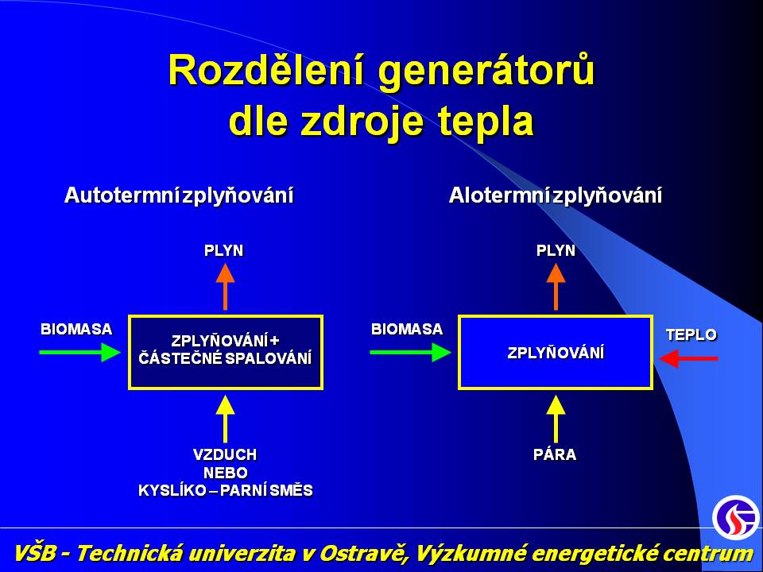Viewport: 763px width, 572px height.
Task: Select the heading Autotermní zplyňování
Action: [x=179, y=195]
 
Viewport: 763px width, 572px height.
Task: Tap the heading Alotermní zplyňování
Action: [x=556, y=195]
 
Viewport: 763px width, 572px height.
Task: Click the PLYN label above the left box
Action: [x=224, y=250]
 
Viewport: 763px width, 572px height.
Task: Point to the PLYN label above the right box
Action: [x=556, y=250]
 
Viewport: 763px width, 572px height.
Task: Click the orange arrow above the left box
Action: [x=225, y=287]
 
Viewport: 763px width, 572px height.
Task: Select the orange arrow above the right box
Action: [x=556, y=287]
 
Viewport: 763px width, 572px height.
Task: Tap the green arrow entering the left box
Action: [x=79, y=352]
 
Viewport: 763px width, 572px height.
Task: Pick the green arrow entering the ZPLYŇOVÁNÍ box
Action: [x=411, y=352]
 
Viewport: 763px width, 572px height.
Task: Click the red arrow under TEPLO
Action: [x=688, y=359]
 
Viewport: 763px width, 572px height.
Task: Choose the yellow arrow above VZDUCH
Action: [x=225, y=419]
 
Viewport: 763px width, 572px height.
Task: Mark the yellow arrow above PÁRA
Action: [x=556, y=419]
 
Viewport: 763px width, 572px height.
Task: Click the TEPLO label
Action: [x=691, y=334]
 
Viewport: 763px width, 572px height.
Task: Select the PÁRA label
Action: [x=555, y=454]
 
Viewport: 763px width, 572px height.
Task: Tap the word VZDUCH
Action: [x=225, y=454]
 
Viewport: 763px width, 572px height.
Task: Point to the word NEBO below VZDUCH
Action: [x=225, y=473]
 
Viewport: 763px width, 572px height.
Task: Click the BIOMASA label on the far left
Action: [x=76, y=329]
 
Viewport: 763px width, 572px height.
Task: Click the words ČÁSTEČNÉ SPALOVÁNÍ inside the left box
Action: [x=225, y=358]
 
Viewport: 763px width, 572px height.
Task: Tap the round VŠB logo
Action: [x=735, y=517]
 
